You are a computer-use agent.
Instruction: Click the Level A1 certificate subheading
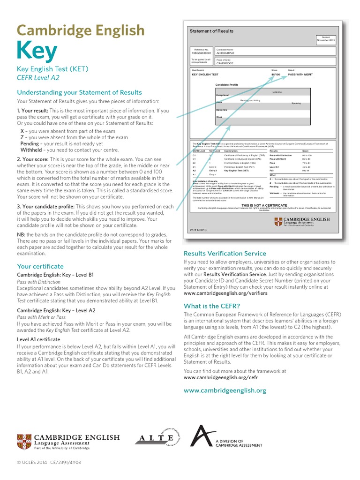click(x=38, y=339)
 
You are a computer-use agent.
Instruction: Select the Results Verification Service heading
click(x=225, y=254)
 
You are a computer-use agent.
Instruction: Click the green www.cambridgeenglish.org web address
click(x=225, y=390)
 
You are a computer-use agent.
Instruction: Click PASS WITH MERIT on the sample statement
click(x=300, y=75)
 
